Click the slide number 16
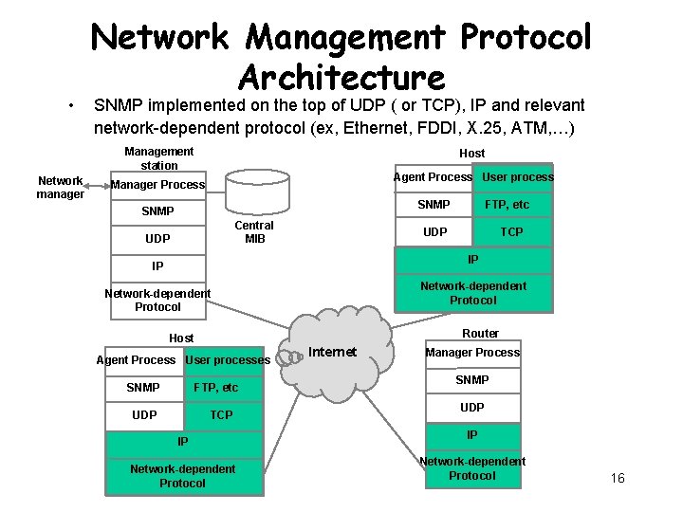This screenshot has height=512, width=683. point(618,478)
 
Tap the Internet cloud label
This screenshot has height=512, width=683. point(333,352)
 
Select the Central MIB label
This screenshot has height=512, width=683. point(254,232)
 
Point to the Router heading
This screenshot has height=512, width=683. point(480,333)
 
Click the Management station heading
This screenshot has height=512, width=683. point(158,158)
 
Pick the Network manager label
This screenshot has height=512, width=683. point(60,187)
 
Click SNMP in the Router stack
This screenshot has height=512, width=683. point(472,379)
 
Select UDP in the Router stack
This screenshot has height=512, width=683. point(472,407)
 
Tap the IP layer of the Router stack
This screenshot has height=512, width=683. point(472,434)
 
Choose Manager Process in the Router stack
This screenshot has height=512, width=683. point(472,353)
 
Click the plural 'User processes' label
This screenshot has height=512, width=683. point(228,360)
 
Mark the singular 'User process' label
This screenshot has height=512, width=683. point(518,177)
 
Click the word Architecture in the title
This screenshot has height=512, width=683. point(341,77)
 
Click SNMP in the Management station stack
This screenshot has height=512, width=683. point(158,210)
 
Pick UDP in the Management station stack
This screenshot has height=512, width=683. point(158,238)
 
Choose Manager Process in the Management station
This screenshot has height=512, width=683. point(157,184)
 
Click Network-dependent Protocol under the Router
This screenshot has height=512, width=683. point(472,468)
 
